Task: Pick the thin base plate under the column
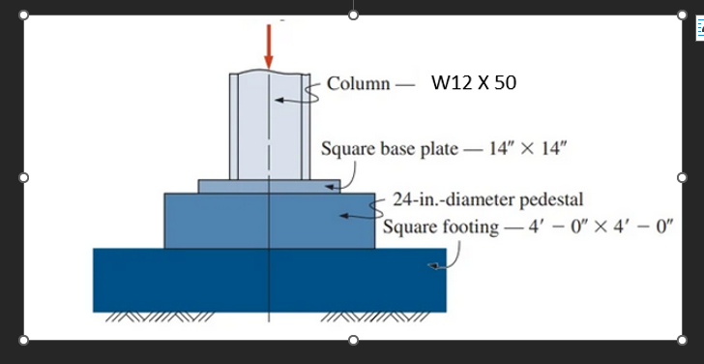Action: click(222, 186)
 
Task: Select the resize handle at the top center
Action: click(353, 15)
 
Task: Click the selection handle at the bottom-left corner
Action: click(24, 339)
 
